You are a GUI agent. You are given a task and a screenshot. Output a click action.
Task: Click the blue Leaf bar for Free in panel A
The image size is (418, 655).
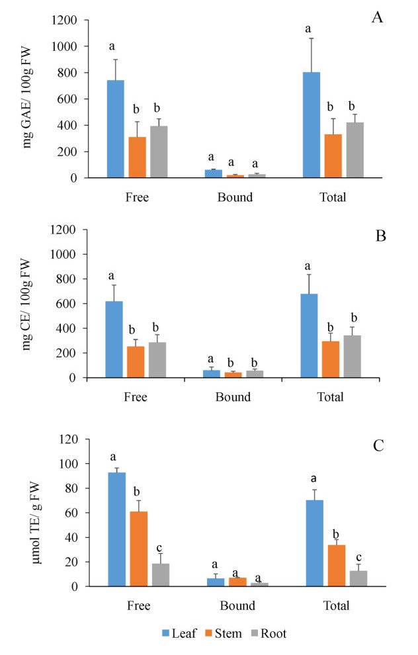pos(116,129)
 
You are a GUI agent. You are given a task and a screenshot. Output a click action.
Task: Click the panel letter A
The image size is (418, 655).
pos(377,17)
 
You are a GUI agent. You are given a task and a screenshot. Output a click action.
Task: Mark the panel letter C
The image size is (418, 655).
pos(378,445)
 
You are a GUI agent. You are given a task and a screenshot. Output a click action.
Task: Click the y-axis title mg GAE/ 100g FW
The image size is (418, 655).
pos(28,100)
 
